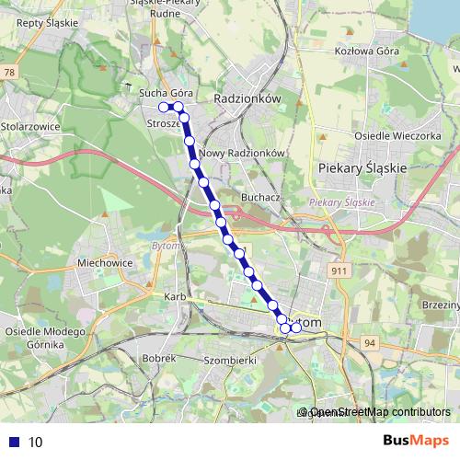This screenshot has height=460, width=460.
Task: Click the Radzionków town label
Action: tap(246, 98)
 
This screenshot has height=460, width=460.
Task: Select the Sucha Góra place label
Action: tap(165, 94)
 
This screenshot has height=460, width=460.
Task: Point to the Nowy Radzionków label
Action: tap(244, 154)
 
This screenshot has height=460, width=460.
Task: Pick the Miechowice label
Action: tap(106, 262)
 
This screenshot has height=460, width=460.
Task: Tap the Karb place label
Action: tap(175, 297)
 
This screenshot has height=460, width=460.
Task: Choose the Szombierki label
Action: tap(229, 360)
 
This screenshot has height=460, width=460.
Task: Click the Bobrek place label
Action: tap(160, 356)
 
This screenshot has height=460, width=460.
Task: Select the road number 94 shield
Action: tap(371, 342)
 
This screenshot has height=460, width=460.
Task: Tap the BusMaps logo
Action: tap(416, 441)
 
